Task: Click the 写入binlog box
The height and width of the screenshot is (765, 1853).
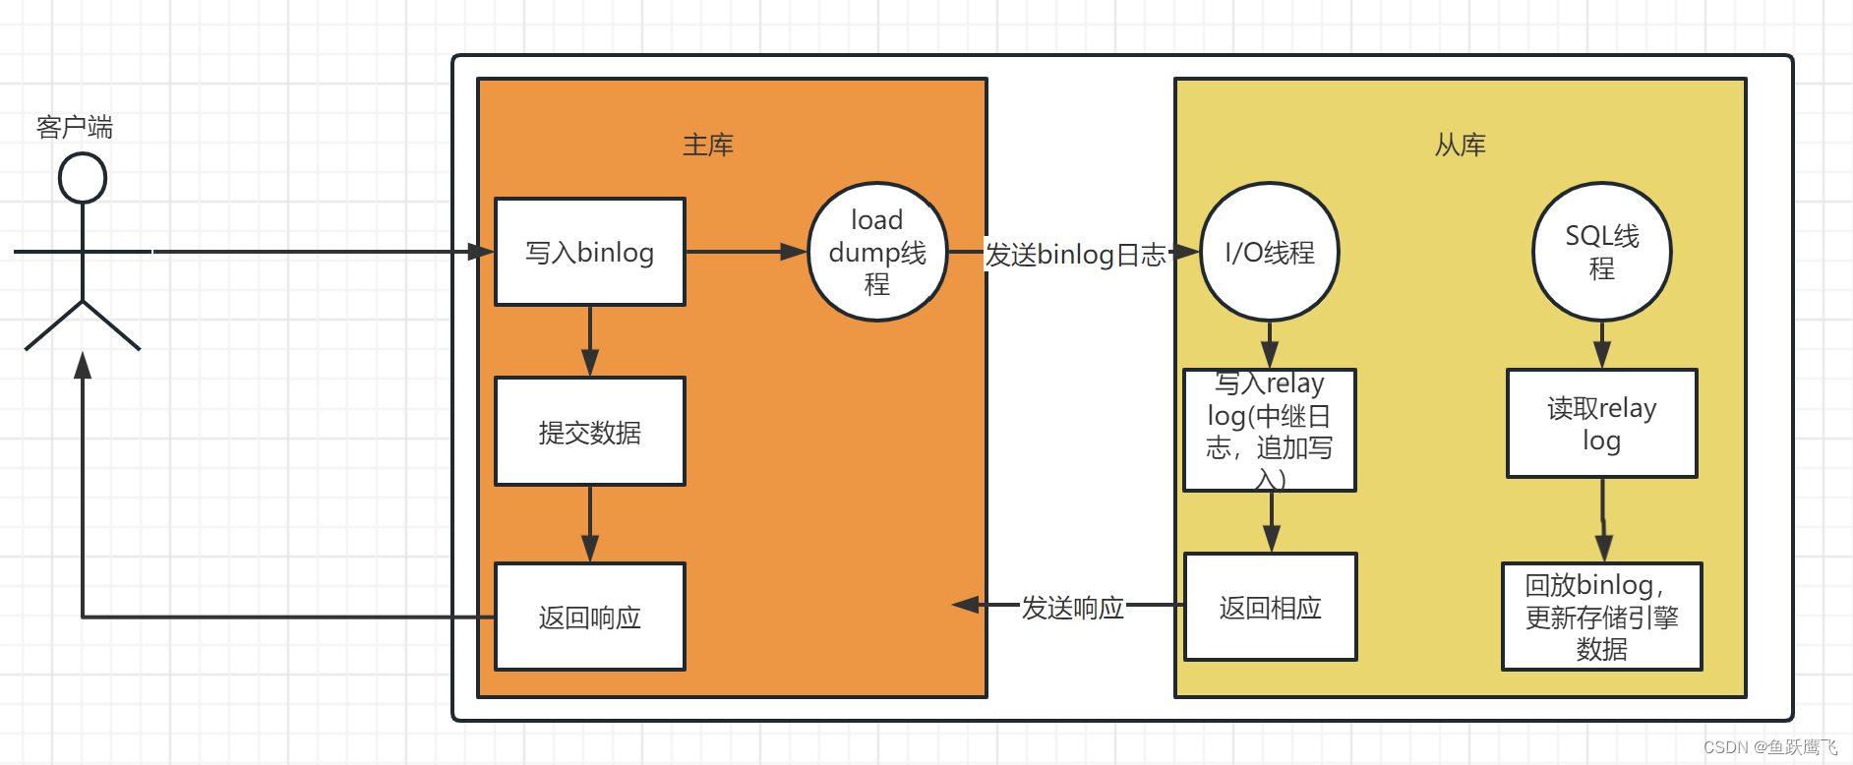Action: coord(590,252)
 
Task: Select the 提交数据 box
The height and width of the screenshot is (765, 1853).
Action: coord(590,432)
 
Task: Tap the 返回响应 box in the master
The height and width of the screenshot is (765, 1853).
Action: coord(590,617)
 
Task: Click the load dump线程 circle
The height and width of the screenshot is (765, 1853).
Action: coord(877,252)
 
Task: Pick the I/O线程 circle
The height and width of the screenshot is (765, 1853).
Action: coord(1270,252)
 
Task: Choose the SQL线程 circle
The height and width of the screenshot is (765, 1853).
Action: coord(1602,252)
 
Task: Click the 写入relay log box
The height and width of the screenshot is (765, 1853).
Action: coord(1270,430)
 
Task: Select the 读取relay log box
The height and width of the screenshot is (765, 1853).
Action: coord(1602,424)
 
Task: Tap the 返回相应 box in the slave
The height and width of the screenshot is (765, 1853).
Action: coord(1271,607)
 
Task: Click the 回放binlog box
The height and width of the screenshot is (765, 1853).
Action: coord(1602,617)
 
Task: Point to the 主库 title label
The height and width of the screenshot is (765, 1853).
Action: coord(708,146)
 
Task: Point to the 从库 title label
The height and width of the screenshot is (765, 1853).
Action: coord(1460,146)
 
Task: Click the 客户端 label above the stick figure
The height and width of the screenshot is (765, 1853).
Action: coord(75,127)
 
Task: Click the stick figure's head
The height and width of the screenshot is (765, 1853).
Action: coord(83,179)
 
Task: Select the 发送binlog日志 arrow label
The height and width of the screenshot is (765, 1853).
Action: coord(1075,255)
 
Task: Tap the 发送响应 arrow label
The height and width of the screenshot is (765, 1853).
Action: coord(1073,608)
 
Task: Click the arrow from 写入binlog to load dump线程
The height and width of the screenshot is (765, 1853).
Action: coord(747,252)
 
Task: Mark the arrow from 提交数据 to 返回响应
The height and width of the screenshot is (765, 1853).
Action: coord(590,524)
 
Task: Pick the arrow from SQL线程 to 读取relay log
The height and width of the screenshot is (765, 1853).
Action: coord(1602,344)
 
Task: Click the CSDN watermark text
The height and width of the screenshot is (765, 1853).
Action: coord(1769,747)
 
